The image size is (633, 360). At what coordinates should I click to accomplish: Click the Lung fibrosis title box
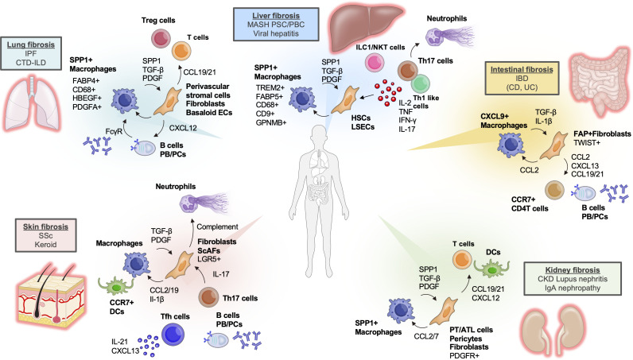pyautogui.click(x=31, y=53)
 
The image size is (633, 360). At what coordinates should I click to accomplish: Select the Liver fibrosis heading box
pyautogui.click(x=276, y=24)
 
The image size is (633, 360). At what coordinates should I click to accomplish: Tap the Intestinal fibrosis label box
pyautogui.click(x=522, y=78)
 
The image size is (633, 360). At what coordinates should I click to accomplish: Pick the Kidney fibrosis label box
pyautogui.click(x=573, y=278)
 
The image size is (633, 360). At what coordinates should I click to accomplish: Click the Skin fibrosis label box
pyautogui.click(x=45, y=235)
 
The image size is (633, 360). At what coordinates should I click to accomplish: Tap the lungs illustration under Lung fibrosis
pyautogui.click(x=32, y=103)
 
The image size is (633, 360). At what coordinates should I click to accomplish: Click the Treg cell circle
pyautogui.click(x=161, y=39)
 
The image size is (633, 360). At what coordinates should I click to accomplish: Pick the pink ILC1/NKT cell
pyautogui.click(x=375, y=63)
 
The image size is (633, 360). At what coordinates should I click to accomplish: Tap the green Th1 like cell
pyautogui.click(x=420, y=83)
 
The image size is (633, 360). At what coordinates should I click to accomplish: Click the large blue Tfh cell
pyautogui.click(x=173, y=335)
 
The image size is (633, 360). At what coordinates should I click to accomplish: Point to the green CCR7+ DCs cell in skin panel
pyautogui.click(x=115, y=286)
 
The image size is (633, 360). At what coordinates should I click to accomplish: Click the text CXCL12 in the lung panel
pyautogui.click(x=183, y=128)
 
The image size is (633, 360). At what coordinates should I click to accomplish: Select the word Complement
pyautogui.click(x=217, y=226)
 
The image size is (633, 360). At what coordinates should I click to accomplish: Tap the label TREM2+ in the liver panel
pyautogui.click(x=270, y=87)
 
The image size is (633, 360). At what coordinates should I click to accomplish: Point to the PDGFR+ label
pyautogui.click(x=464, y=355)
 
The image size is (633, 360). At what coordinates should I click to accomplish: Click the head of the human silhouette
pyautogui.click(x=320, y=136)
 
